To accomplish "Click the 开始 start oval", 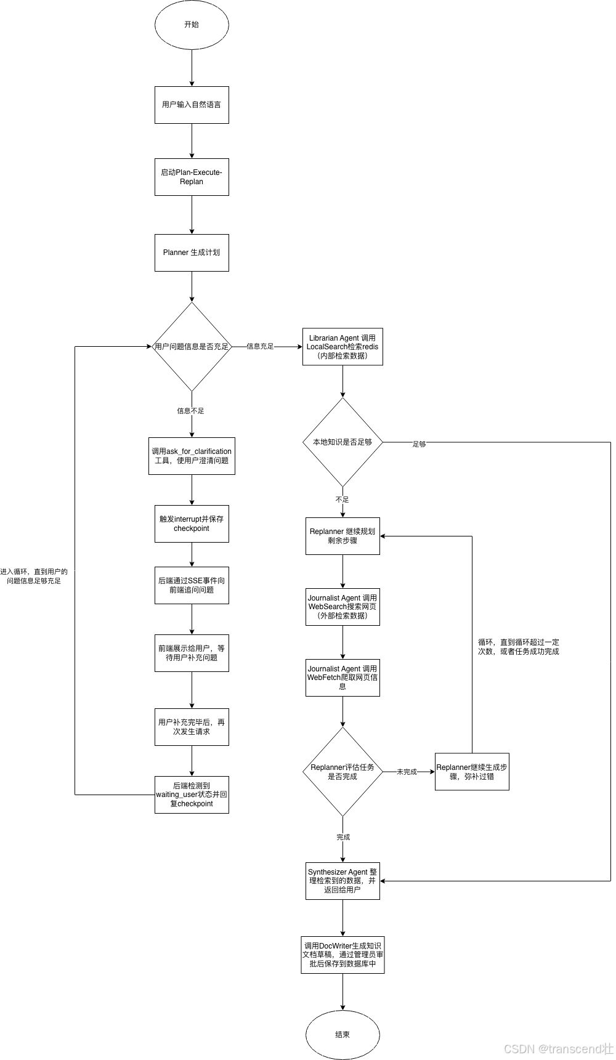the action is pos(192,25).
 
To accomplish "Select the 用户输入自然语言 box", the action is pos(192,105).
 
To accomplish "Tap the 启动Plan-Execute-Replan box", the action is pos(192,177).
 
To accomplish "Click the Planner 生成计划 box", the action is pos(192,253).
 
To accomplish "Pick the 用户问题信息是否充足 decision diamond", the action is pos(192,347).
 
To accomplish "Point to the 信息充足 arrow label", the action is pos(260,347).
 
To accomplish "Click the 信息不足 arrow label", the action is pos(190,411).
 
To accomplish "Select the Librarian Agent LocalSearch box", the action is pos(342,347).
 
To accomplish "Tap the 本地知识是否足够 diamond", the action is pos(342,442).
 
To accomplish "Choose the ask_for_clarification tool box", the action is pos(192,456).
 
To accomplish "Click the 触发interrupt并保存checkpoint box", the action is pos(192,524).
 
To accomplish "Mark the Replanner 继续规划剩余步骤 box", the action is pos(342,536).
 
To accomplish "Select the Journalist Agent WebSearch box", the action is pos(342,607).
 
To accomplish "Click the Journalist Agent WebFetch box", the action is pos(342,678).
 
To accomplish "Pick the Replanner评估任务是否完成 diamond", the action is pos(342,772).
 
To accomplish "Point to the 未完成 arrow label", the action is pos(407,772).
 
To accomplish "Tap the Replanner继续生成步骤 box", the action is pos(472,772).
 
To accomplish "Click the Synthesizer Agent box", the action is pos(342,881).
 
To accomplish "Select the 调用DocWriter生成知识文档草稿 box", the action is pos(342,955).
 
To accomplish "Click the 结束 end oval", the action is pos(342,1035).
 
